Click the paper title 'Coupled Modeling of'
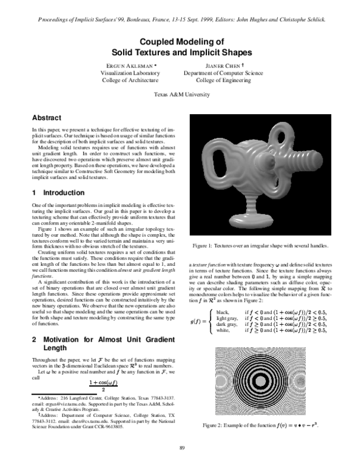pos(182,42)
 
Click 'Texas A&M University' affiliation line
pos(182,95)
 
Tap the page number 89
pos(182,448)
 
